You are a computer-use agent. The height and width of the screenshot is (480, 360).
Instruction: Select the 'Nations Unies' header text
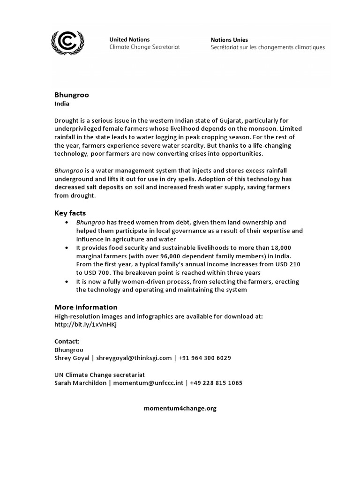[x=229, y=40]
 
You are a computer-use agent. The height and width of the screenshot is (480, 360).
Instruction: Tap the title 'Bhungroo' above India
[x=71, y=95]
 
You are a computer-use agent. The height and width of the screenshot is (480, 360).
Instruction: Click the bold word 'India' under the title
[x=62, y=104]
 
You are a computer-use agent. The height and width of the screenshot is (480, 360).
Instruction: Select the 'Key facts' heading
[x=70, y=213]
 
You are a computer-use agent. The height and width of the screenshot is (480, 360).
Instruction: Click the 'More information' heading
[x=86, y=307]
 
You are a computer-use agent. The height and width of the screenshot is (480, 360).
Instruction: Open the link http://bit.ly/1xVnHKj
[x=85, y=324]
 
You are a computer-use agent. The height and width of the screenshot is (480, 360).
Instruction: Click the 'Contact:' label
[x=67, y=341]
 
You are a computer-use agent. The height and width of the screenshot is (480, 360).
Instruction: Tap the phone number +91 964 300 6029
[x=204, y=358]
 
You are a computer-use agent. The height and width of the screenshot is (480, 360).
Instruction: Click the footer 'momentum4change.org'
[x=180, y=408]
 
